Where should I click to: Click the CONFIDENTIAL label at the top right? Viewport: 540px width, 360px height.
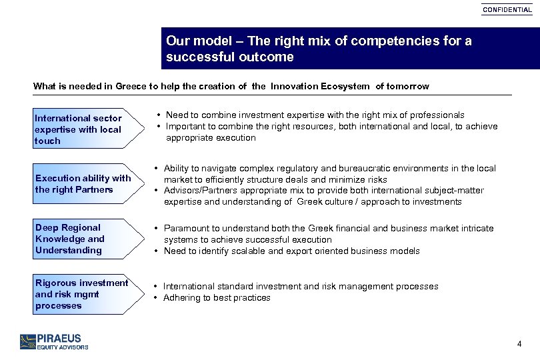point(507,10)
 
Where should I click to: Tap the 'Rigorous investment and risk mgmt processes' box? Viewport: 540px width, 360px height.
point(81,294)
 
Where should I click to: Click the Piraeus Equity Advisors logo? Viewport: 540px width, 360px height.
point(54,341)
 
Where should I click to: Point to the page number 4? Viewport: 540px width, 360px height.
point(519,344)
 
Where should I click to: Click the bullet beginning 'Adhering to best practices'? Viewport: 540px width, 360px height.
point(217,298)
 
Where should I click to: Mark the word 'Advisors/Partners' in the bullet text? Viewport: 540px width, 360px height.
point(199,191)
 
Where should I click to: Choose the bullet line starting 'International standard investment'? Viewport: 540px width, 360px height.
point(300,287)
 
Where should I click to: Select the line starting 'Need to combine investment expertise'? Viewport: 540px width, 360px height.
point(315,115)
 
